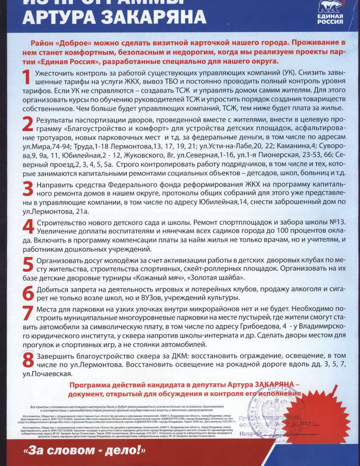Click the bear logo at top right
click(x=330, y=6)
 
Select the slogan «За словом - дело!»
click(x=86, y=451)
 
